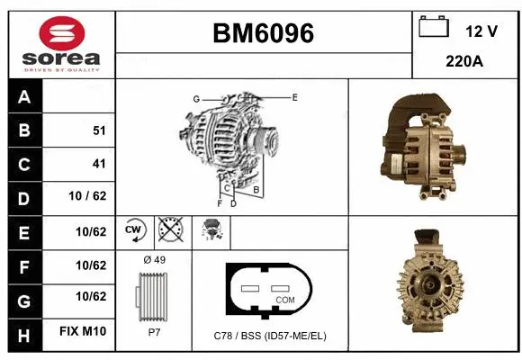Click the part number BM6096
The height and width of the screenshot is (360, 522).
tap(263, 33)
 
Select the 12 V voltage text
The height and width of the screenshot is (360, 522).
tap(481, 31)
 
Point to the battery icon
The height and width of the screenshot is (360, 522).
tap(434, 28)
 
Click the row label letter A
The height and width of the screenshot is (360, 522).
tap(24, 97)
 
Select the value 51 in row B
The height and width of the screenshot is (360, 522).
tap(99, 130)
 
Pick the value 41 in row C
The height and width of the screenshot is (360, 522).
tap(99, 164)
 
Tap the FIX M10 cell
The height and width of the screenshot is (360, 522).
tap(83, 332)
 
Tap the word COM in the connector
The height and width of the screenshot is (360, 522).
tap(285, 299)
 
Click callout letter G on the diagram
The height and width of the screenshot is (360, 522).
tap(195, 98)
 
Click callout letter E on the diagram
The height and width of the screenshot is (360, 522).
tap(293, 96)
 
